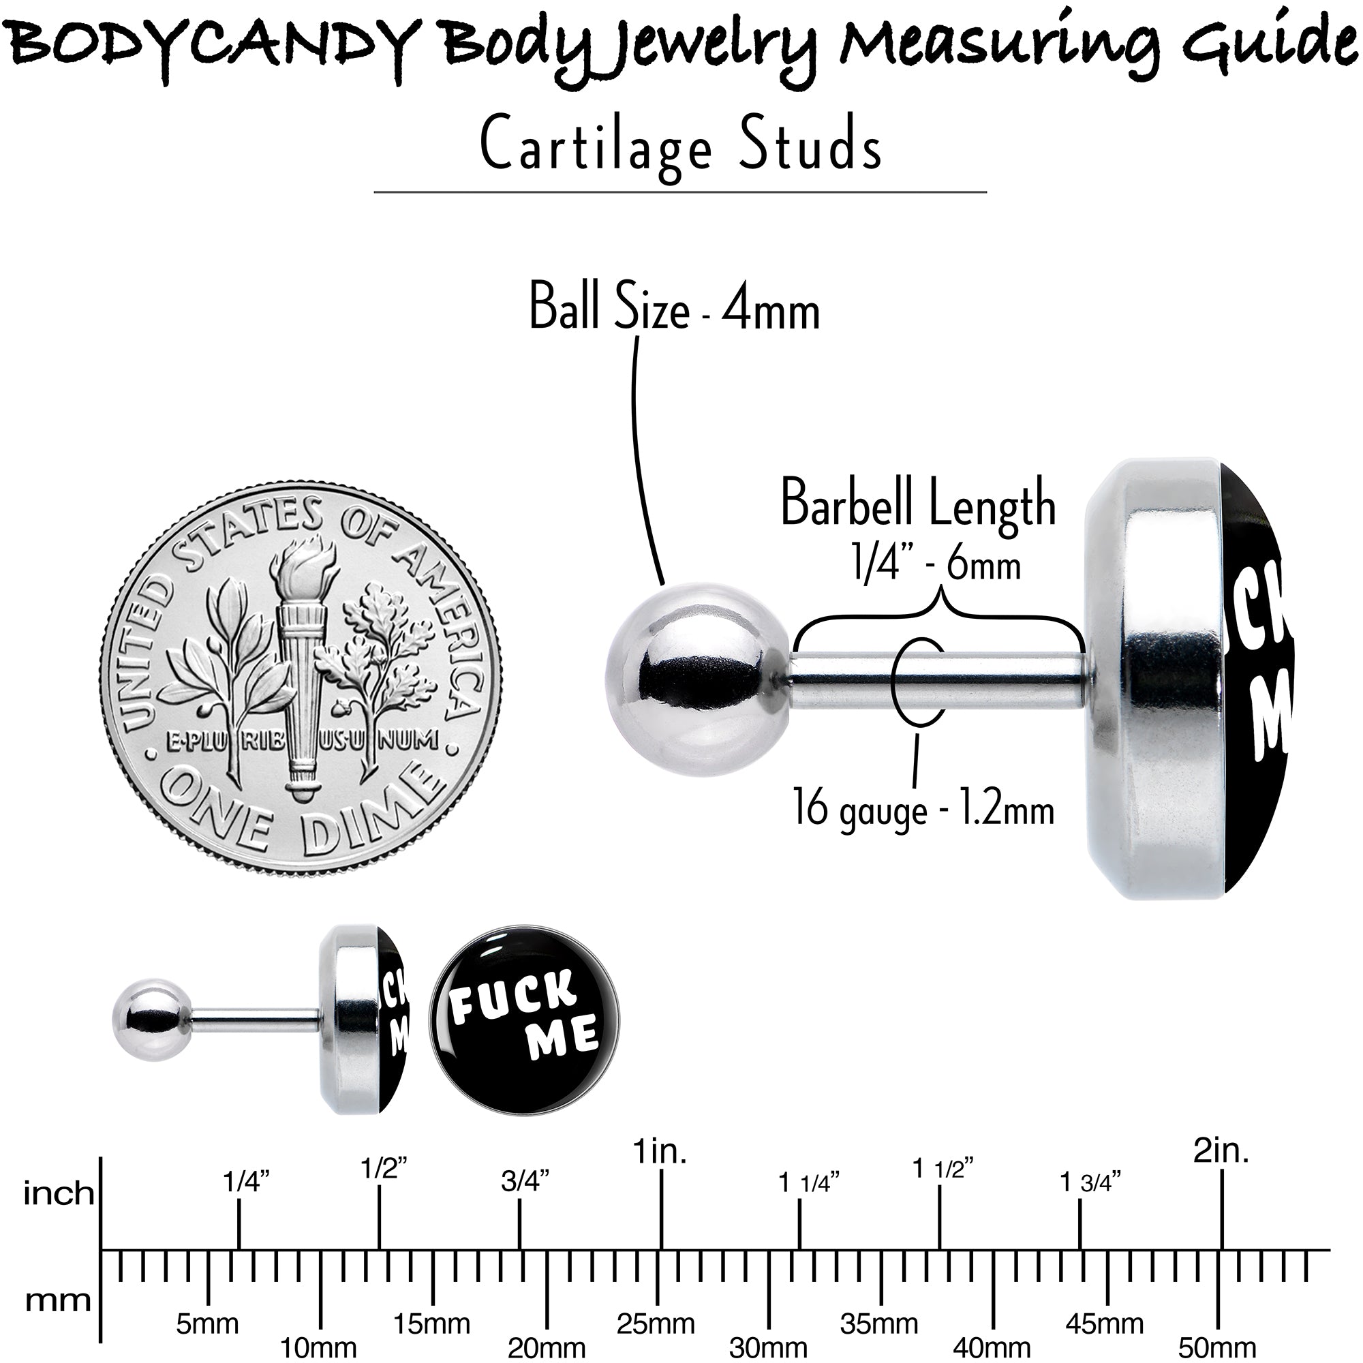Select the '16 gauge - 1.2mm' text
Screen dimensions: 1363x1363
[923, 808]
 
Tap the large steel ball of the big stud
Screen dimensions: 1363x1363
[697, 679]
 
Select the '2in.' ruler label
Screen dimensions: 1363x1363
[1221, 1171]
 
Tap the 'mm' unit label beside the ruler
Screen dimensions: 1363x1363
[59, 1301]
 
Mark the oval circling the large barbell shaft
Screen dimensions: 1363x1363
[919, 681]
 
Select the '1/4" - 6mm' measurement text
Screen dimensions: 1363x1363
[936, 564]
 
